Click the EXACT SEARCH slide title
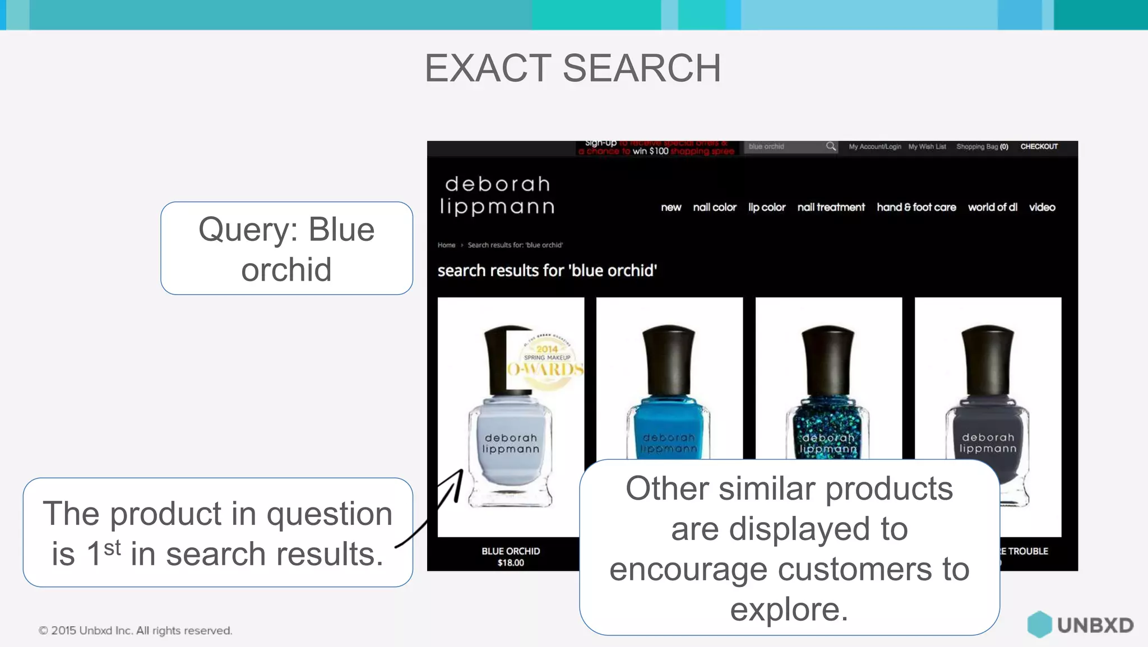pyautogui.click(x=572, y=68)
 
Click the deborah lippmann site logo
pyautogui.click(x=497, y=195)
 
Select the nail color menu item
pyautogui.click(x=714, y=207)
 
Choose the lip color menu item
pyautogui.click(x=766, y=207)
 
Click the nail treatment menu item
pyautogui.click(x=831, y=207)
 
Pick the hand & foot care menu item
pyautogui.click(x=916, y=207)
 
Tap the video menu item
pyautogui.click(x=1041, y=207)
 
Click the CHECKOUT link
pyautogui.click(x=1039, y=146)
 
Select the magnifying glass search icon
pyautogui.click(x=831, y=146)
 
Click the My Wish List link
pyautogui.click(x=927, y=147)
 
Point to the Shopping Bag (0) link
pyautogui.click(x=982, y=147)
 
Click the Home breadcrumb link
pyautogui.click(x=446, y=245)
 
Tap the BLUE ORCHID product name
pyautogui.click(x=511, y=551)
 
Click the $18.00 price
pyautogui.click(x=511, y=563)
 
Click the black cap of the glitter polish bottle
pyautogui.click(x=828, y=359)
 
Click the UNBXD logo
pyautogui.click(x=1080, y=625)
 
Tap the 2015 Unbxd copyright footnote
pyautogui.click(x=135, y=631)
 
